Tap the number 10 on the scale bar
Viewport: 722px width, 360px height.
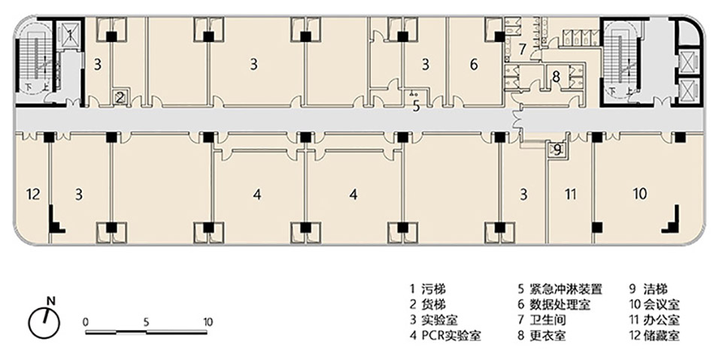coord(208,321)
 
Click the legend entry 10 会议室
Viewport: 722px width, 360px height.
coord(654,304)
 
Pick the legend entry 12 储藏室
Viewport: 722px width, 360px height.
coord(654,334)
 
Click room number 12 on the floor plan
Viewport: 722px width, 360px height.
coord(32,195)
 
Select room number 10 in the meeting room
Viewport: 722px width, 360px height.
coord(639,194)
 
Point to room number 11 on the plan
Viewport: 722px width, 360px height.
coord(570,195)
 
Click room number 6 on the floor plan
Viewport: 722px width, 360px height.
coord(474,65)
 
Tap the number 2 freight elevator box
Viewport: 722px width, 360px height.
coord(120,96)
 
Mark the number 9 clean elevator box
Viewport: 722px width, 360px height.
coord(557,150)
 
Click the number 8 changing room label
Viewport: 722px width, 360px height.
coord(556,76)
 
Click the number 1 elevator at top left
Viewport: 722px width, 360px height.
coord(69,34)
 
